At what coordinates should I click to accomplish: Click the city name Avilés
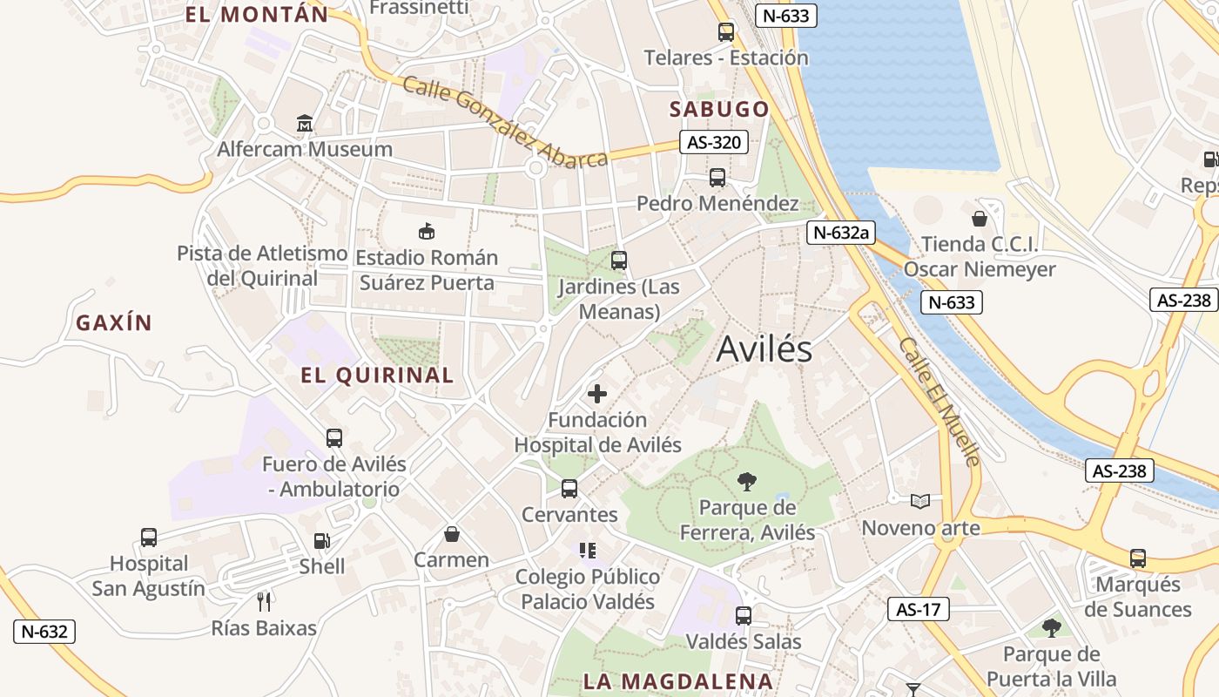click(x=764, y=349)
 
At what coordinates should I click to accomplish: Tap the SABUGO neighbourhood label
click(x=719, y=109)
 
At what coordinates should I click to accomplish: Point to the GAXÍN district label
click(x=114, y=323)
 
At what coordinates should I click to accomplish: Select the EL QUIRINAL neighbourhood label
click(x=377, y=376)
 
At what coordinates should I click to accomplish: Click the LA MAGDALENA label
click(x=677, y=681)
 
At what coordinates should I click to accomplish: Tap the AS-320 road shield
click(x=714, y=143)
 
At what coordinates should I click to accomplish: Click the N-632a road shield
click(x=840, y=232)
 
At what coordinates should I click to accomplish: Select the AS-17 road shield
click(x=919, y=609)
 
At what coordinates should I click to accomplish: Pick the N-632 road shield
click(x=44, y=632)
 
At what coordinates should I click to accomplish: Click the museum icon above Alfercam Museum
click(x=304, y=124)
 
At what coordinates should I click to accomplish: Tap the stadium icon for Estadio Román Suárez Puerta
click(x=427, y=232)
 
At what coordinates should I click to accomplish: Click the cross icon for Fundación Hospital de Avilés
click(x=597, y=393)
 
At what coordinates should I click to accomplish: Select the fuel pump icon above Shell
click(x=322, y=541)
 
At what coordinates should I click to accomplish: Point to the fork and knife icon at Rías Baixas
click(x=265, y=601)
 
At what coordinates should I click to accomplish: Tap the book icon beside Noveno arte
click(x=920, y=501)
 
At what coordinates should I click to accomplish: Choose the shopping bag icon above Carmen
click(x=451, y=533)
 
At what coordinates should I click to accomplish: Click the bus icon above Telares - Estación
click(x=726, y=32)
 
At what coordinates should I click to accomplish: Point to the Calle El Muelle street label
click(x=940, y=401)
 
